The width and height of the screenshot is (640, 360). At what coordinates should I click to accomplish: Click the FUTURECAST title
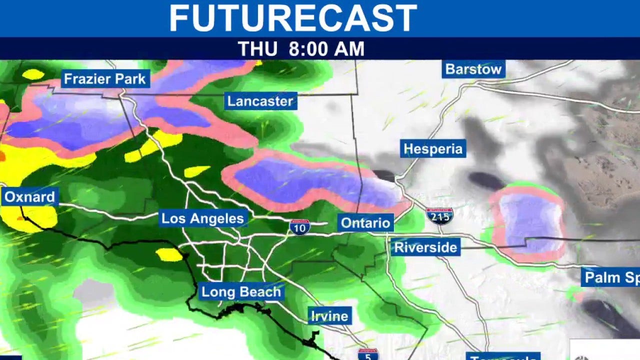point(293,18)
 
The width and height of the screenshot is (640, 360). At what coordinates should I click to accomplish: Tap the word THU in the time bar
point(257,49)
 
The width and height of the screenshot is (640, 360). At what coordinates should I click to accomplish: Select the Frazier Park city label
point(105,78)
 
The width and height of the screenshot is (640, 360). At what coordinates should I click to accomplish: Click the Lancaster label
point(260,101)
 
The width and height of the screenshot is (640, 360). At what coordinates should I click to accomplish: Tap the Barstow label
point(473,69)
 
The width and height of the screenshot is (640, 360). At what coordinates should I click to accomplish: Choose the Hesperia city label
point(433,149)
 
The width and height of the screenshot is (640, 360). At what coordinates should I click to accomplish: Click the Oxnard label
point(29,196)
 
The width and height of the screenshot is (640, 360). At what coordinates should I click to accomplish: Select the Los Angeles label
point(202,218)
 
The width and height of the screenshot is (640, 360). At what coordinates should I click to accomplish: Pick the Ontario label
point(365,222)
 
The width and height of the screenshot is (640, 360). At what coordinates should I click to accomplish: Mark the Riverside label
point(425,247)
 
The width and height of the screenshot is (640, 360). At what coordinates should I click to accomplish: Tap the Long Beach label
point(241,292)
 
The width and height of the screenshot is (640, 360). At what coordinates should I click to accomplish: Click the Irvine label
point(329,316)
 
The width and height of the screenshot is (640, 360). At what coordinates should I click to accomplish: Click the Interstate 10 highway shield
point(299,226)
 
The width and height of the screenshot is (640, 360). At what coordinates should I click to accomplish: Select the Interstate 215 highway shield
point(439,215)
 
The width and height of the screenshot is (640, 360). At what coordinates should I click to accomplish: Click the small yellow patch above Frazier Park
point(33,74)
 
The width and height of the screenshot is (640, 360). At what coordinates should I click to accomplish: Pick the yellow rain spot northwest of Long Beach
point(169,254)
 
